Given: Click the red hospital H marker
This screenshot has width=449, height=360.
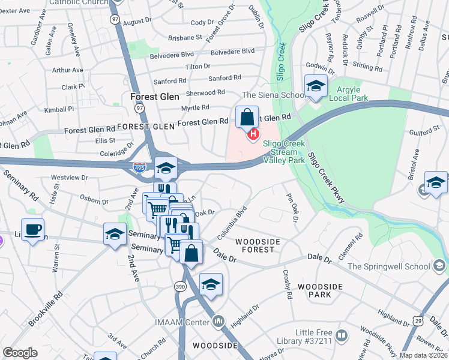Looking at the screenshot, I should tap(254, 133).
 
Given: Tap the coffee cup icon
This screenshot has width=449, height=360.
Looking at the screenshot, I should tap(32, 229).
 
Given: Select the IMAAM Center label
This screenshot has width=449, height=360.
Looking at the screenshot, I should tap(187, 323).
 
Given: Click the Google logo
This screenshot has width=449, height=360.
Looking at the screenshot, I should tap(20, 353).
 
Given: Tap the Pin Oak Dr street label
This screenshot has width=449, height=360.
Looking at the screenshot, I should tap(292, 206).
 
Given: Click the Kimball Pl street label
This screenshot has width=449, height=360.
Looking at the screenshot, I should tap(59, 109).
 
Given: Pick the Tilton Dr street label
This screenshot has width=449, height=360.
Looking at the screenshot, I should tap(197, 66).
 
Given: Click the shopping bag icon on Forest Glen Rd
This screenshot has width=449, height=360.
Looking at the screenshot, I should tap(247, 117).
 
